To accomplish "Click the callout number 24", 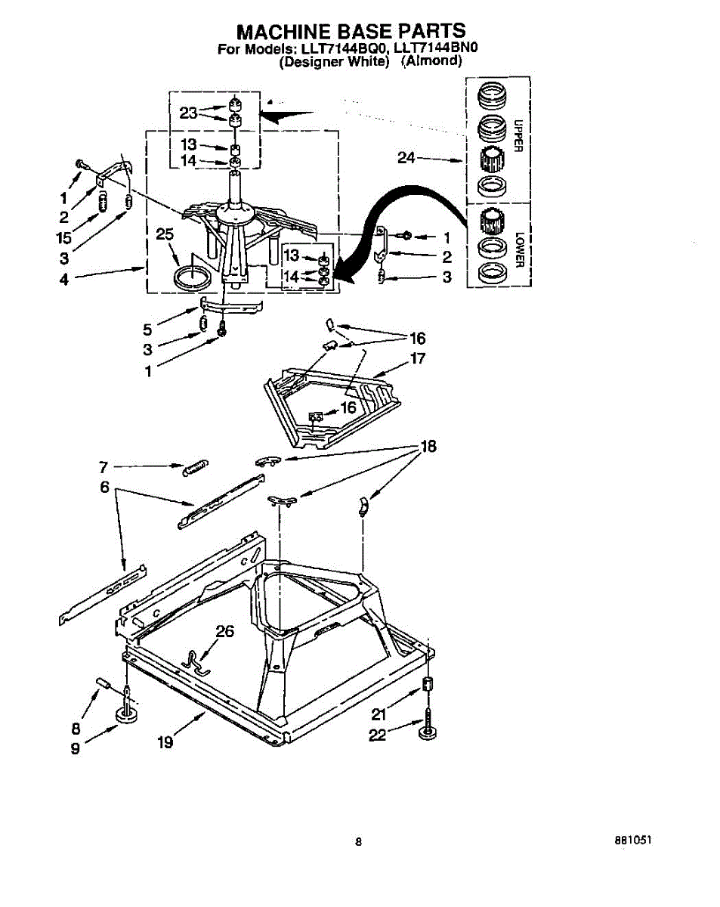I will pos(406,158).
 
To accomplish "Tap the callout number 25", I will pos(165,234).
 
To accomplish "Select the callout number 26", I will pos(225,631).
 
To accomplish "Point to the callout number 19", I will pos(165,742).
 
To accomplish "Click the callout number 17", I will pos(418,358).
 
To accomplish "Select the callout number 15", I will pos(63,237).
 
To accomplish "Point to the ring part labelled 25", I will pos(192,275).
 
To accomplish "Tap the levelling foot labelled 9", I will pos(126,716).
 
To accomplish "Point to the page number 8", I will pos(360,841).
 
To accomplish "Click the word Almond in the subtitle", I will pos(431,62).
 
